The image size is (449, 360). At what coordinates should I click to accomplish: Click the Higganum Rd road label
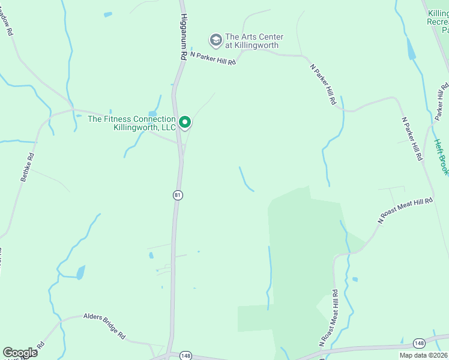[x=184, y=36]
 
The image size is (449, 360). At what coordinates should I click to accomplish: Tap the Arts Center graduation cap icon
[x=215, y=41]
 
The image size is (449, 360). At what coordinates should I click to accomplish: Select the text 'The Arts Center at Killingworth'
[x=254, y=41]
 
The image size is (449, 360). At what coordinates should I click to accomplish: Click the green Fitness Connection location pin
[x=185, y=123]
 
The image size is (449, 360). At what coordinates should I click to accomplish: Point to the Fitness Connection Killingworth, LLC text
[x=132, y=123]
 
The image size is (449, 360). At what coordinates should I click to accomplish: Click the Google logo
[x=20, y=352]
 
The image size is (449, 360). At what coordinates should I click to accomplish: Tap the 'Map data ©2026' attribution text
[x=423, y=355]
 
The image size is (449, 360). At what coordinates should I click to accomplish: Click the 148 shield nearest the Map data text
[x=420, y=343]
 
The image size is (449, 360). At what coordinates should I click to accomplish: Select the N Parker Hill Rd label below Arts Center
[x=212, y=58]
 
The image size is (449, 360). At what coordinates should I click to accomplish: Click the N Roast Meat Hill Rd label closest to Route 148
[x=328, y=319]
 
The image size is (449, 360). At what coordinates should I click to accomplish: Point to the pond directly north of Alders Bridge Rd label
[x=80, y=273]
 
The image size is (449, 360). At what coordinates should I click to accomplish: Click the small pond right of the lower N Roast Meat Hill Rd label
[x=355, y=279]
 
